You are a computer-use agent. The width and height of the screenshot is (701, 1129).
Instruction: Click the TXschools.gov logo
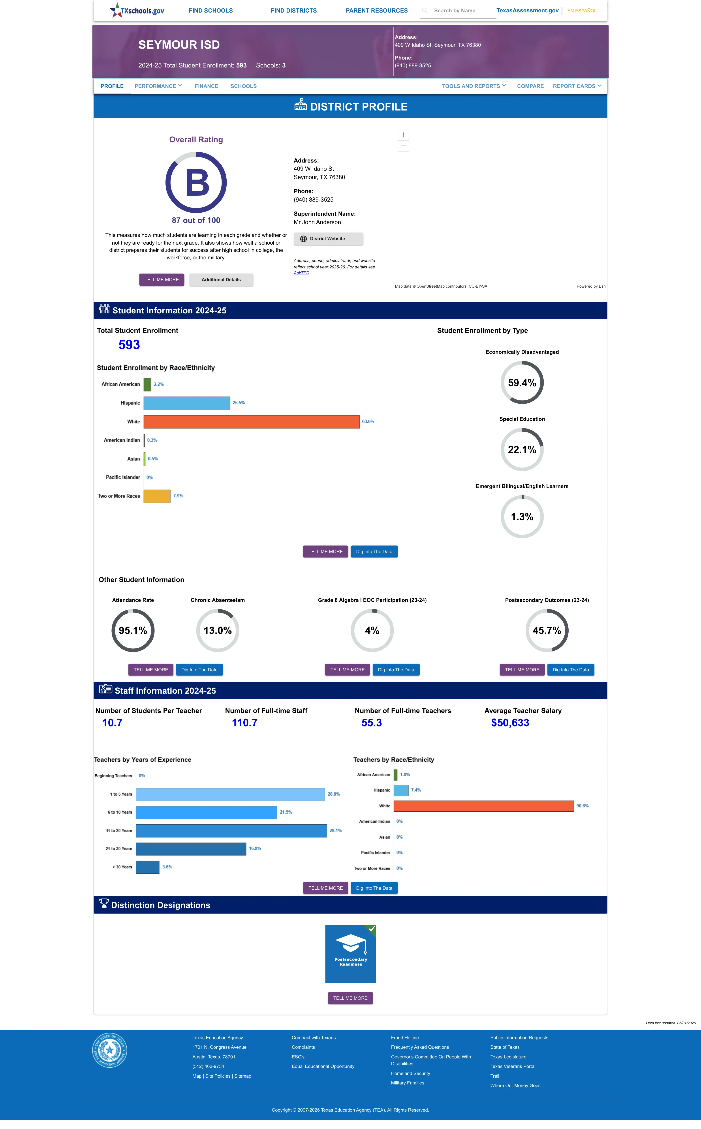[x=137, y=10]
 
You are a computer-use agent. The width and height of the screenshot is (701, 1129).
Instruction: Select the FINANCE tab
[x=206, y=86]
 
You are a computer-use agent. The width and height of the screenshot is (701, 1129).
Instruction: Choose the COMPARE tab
[x=530, y=86]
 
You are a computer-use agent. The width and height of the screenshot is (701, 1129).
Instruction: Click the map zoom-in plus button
[x=403, y=135]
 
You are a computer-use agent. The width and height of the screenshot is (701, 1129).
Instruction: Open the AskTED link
[x=301, y=273]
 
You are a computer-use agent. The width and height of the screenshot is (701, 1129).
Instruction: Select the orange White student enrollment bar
[x=251, y=421]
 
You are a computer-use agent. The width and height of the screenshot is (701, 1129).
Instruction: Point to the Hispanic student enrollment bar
[x=187, y=403]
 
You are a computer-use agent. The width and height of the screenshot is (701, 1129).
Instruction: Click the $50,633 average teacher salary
[x=510, y=723]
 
